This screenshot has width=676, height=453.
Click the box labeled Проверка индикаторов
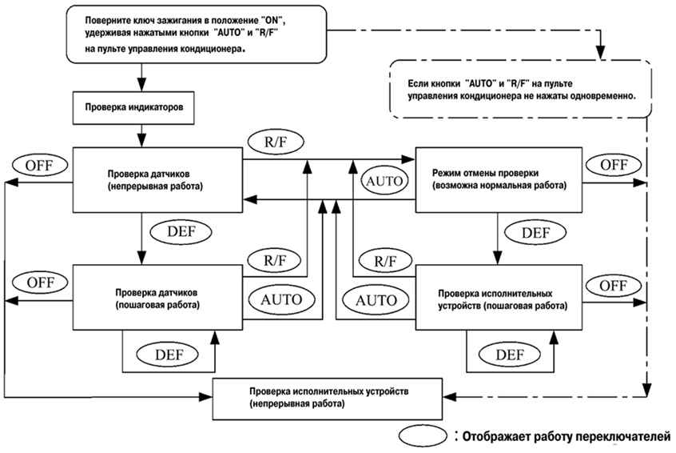(x=133, y=107)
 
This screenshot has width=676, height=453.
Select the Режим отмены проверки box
(x=499, y=179)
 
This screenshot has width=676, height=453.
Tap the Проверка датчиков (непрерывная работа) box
(x=157, y=179)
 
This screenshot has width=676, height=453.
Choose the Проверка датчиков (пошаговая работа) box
(x=157, y=298)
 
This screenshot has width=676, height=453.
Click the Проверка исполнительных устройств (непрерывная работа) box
(x=328, y=399)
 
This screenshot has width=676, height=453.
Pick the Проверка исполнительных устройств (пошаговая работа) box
(x=499, y=298)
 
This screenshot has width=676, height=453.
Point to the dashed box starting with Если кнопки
(x=520, y=89)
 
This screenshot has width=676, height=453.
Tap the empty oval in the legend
(x=423, y=435)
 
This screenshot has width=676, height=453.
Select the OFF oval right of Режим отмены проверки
(x=613, y=165)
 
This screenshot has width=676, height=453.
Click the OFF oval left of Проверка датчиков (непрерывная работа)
(x=40, y=165)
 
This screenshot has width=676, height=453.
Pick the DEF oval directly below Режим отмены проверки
(x=535, y=233)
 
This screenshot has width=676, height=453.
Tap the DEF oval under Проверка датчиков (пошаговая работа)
(x=167, y=355)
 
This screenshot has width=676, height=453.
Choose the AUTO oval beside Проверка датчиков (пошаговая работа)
(x=281, y=299)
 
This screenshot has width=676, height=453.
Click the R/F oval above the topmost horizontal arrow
(x=276, y=142)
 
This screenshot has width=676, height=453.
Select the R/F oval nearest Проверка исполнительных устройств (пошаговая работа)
(x=385, y=260)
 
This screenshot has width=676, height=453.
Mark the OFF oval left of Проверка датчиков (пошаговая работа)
(x=40, y=283)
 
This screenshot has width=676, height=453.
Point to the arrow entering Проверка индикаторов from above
(x=142, y=78)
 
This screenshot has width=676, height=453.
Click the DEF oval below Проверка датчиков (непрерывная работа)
(x=181, y=231)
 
